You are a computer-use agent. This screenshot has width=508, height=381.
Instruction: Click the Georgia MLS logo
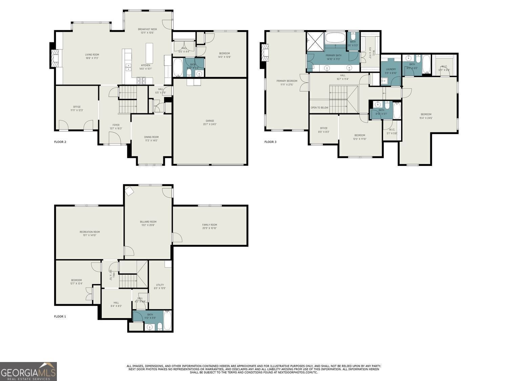pyautogui.click(x=28, y=372)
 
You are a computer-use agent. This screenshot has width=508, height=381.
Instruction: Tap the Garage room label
pyautogui.click(x=210, y=121)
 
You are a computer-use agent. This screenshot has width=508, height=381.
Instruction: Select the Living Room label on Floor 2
pyautogui.click(x=92, y=55)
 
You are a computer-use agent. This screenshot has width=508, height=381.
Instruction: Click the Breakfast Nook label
pyautogui.click(x=147, y=29)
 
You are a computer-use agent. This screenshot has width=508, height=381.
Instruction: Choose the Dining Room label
pyautogui.click(x=151, y=137)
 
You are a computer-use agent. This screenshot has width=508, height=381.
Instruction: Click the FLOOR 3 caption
pyautogui.click(x=270, y=142)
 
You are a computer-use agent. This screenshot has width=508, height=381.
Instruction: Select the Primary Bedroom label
pyautogui.click(x=287, y=81)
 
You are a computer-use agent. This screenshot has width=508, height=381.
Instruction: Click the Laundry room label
pyautogui.click(x=391, y=69)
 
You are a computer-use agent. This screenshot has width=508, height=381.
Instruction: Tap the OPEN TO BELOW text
pyautogui.click(x=319, y=108)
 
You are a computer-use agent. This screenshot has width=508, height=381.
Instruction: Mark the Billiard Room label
pyautogui.click(x=148, y=222)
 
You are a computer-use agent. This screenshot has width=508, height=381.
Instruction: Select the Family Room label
pyautogui.click(x=209, y=225)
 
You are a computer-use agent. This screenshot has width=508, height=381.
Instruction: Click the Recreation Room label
pyautogui.click(x=89, y=232)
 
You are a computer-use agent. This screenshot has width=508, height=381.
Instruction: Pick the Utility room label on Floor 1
pyautogui.click(x=160, y=285)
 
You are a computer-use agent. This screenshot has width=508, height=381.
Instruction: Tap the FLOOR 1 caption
pyautogui.click(x=60, y=317)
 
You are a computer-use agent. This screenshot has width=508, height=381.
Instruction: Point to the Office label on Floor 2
pyautogui.click(x=77, y=107)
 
